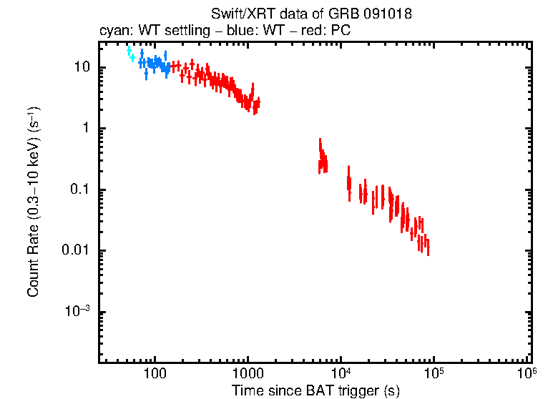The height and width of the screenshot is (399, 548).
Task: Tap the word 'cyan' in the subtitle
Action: pos(112,31)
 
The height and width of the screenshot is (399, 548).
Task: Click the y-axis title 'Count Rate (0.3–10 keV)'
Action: pos(33,202)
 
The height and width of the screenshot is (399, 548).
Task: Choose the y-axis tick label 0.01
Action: pos(74,251)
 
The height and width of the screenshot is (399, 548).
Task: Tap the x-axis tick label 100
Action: pos(155,373)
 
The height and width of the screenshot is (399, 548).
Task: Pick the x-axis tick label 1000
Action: pos(248,373)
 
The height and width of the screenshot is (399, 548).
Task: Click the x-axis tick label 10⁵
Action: pos(434,373)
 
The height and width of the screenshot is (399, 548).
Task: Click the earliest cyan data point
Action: pos(129,50)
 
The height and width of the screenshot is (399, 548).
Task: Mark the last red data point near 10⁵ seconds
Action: pos(428,246)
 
